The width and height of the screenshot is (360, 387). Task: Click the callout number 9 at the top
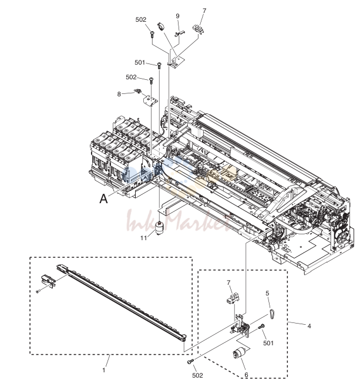coord(177,16)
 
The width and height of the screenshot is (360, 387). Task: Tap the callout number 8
coord(119,95)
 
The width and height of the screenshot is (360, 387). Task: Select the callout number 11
coord(144,238)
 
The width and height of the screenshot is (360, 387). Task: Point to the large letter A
coord(103,198)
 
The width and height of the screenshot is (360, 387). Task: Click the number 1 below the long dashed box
coord(104,370)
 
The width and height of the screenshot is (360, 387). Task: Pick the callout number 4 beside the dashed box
coord(309,326)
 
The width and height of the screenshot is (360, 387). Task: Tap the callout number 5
coord(267,293)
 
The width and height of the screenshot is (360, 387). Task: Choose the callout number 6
coord(246,375)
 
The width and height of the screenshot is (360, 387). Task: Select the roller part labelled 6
coord(237,355)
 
